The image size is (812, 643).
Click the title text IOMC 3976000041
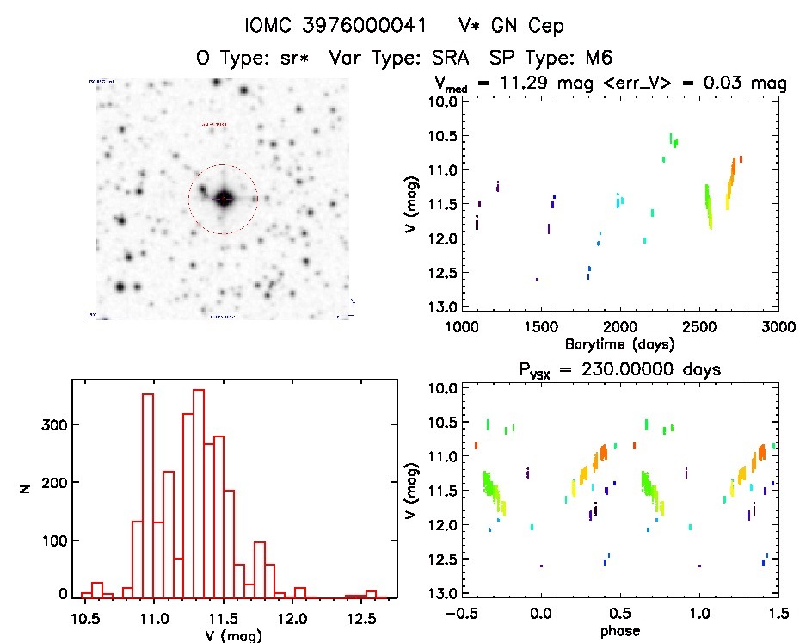(335, 27)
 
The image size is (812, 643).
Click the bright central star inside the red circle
(224, 199)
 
